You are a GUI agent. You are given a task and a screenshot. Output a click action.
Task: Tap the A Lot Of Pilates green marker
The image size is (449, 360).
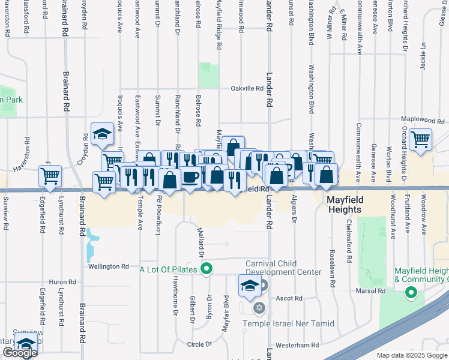pos(207,269)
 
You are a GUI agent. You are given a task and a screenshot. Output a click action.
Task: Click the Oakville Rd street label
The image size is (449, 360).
pos(248,88)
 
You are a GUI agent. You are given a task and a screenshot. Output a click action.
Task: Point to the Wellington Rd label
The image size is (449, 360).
pos(109,266)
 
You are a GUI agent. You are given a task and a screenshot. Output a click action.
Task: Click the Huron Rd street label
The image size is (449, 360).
pos(62,281)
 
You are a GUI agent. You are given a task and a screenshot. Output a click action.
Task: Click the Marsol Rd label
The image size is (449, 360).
pos(373,291)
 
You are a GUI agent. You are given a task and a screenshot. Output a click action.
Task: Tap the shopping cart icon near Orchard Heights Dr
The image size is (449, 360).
pos(421,139)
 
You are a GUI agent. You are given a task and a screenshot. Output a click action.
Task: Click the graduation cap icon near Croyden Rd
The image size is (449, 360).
pos(103,133)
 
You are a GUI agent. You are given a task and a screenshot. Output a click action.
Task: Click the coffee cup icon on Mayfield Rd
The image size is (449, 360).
pos(191,177)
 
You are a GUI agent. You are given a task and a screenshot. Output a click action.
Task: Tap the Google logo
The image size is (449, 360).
pos(20,353)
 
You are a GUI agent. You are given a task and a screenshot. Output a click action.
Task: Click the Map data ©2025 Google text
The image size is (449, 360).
pos(412,355)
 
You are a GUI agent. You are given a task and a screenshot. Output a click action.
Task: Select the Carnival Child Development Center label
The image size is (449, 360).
pos(283,268)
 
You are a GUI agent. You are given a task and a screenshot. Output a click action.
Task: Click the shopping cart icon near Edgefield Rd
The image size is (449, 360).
pos(50,175)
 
